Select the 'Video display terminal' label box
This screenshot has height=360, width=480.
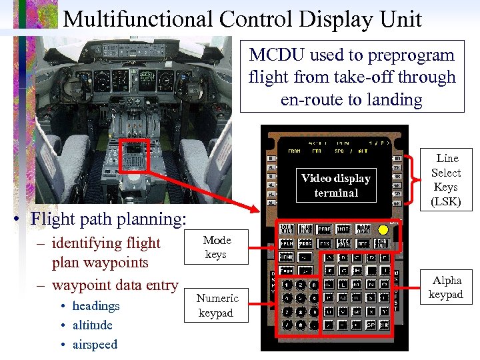click(x=336, y=185)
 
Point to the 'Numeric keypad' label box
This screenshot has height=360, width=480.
click(x=217, y=305)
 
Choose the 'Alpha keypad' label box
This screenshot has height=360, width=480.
click(x=445, y=287)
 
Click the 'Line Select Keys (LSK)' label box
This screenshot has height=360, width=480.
click(x=447, y=180)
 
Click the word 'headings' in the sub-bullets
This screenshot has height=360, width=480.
click(x=96, y=306)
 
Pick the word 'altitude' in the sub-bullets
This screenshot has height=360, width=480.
click(x=92, y=325)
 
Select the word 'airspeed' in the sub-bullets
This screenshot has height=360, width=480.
click(x=95, y=345)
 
